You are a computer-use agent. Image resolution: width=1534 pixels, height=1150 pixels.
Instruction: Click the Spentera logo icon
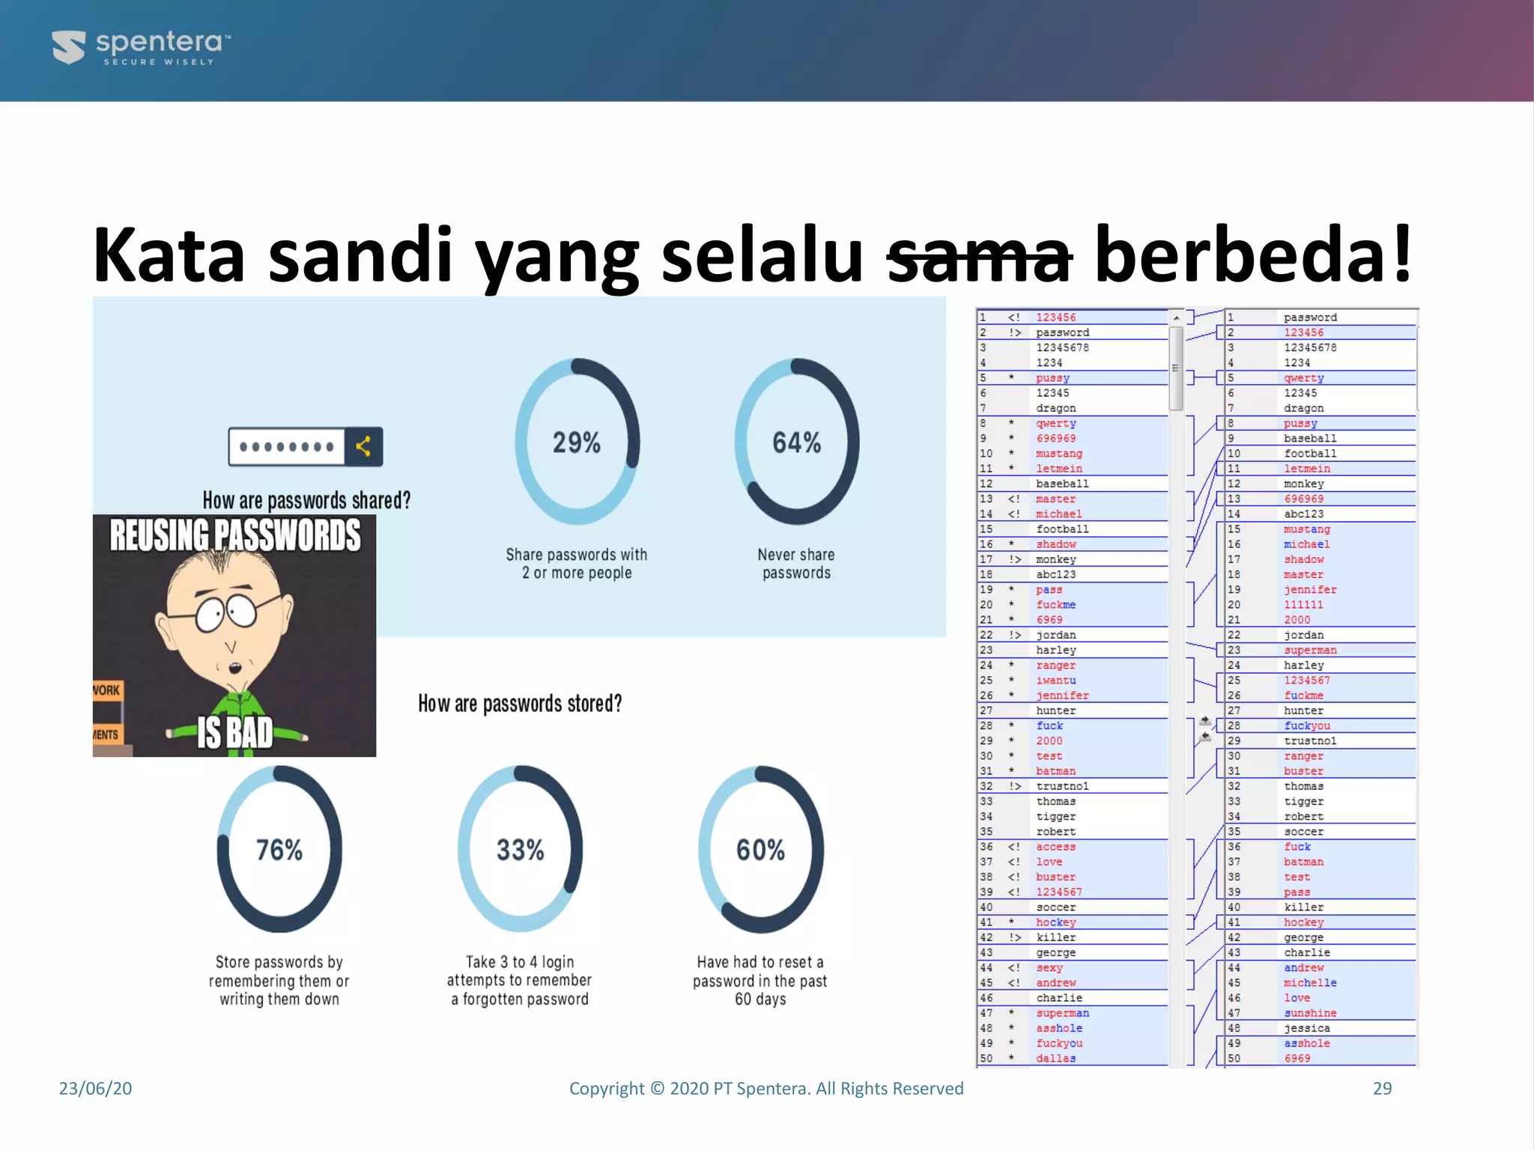69,46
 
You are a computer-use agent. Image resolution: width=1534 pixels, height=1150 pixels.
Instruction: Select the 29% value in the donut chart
577,442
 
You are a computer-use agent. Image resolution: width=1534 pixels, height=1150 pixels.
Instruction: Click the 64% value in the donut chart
797,442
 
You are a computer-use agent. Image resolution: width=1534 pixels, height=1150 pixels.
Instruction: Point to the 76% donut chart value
279,850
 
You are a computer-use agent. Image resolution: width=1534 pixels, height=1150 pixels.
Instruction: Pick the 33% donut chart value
521,850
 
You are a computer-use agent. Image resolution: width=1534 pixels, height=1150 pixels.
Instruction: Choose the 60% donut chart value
761,850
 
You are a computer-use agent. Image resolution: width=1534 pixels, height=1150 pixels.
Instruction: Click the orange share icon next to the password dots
363,447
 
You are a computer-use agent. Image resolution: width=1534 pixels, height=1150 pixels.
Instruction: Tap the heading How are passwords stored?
520,704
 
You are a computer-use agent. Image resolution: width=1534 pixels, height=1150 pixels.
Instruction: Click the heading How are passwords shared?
306,500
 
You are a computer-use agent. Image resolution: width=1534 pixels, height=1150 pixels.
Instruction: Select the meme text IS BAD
234,731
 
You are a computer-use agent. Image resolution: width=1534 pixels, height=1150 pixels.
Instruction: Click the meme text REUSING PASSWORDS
234,535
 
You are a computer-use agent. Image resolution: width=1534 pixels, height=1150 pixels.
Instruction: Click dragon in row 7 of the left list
1056,408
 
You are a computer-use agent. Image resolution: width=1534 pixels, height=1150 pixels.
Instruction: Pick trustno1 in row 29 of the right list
1310,740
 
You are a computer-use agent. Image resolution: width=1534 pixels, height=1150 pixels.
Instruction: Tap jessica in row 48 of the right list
1307,1028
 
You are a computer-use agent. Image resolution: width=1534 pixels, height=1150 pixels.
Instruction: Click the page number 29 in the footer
1382,1088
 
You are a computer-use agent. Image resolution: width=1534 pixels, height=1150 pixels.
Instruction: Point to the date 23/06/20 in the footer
95,1088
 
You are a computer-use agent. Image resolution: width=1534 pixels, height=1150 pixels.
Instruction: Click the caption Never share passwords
796,564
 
